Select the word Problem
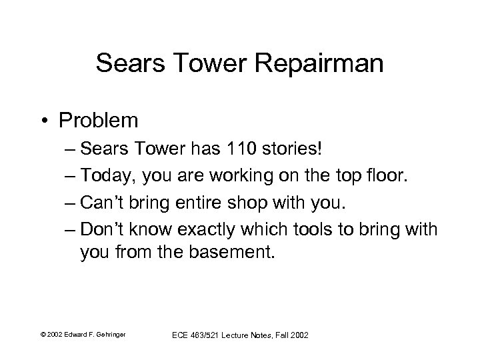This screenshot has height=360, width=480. pos(99,121)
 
